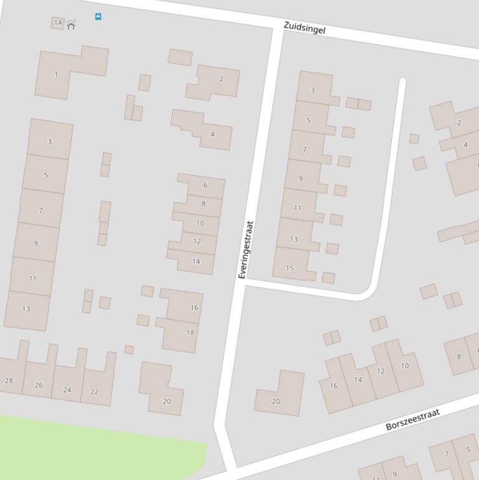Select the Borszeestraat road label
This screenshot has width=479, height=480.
click(x=412, y=420)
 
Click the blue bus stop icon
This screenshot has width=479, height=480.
click(x=98, y=17)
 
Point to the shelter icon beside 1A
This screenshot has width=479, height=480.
click(x=71, y=25)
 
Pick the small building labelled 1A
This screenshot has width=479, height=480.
click(x=58, y=23)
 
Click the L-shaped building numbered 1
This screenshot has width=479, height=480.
click(x=56, y=75)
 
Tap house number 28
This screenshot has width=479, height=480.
click(x=9, y=380)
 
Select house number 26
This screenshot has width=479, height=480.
click(x=39, y=385)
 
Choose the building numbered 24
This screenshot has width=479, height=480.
click(x=67, y=390)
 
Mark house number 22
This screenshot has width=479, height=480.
click(x=95, y=391)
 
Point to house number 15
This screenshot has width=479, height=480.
click(x=290, y=268)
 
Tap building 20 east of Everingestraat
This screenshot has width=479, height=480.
click(x=277, y=400)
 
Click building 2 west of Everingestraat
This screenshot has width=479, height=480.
click(x=219, y=80)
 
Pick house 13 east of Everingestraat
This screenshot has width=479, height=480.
click(x=294, y=238)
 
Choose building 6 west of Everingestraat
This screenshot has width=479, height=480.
click(x=204, y=186)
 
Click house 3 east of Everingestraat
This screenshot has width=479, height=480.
click(x=313, y=90)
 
